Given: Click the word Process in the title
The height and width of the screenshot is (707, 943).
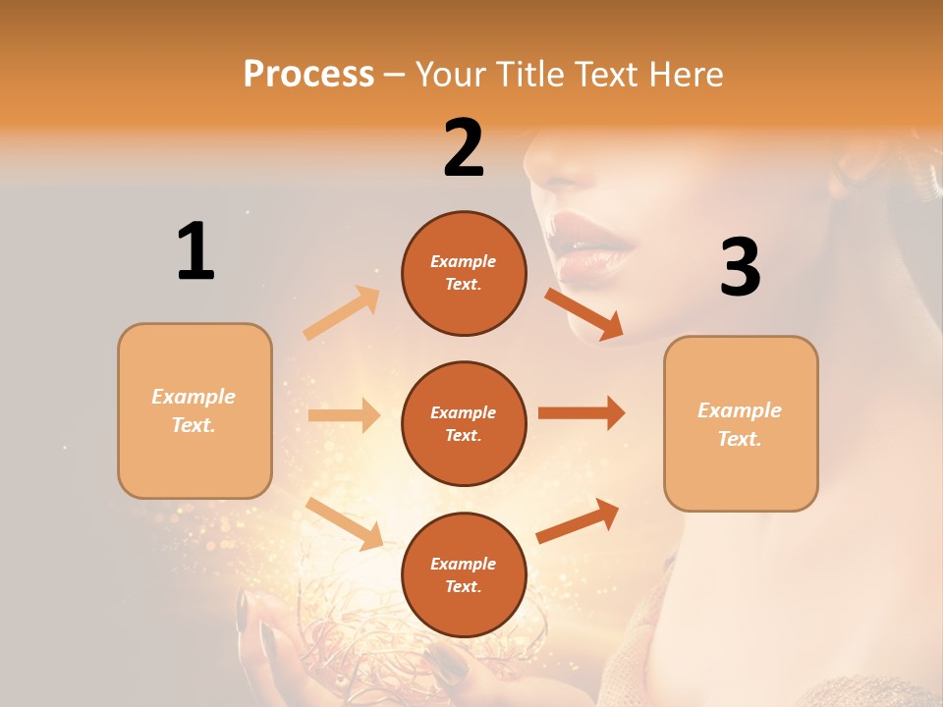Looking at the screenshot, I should pos(308,74).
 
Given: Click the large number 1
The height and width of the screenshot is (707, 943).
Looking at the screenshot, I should pos(195,251).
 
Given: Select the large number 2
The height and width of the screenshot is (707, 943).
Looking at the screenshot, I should pos(464,148).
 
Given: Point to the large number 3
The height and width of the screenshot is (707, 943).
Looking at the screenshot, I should pos(740,267).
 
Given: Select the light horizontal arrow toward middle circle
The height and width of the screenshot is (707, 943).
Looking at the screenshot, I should pos(344,415).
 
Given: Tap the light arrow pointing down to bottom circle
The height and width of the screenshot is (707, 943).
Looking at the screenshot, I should pos(345,522).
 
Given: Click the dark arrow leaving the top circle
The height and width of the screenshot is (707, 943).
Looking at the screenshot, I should pos(584,313).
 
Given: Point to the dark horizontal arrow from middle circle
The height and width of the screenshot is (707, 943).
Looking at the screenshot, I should pos(582,412).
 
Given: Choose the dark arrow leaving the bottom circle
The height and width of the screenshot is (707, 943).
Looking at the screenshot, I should pos(579,520).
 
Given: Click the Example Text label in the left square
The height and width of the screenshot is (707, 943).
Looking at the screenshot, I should pos(194,410).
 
